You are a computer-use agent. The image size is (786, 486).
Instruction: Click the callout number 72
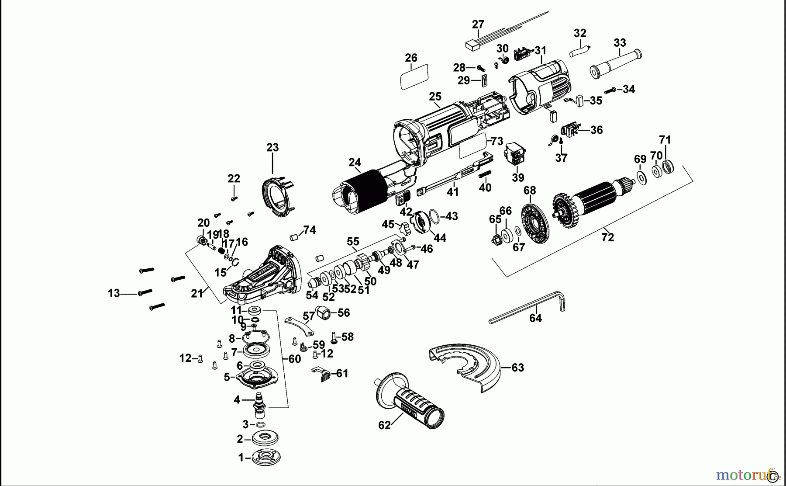click(x=607, y=238)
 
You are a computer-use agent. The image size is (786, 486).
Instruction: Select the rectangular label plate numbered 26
click(x=414, y=77)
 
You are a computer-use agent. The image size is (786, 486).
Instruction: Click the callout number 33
click(x=620, y=43)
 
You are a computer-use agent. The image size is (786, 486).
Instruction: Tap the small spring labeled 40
click(x=485, y=174)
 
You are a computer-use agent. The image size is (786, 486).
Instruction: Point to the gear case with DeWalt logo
click(x=262, y=275)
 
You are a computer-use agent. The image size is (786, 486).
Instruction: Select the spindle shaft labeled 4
click(x=261, y=404)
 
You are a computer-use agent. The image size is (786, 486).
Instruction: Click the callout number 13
click(x=114, y=293)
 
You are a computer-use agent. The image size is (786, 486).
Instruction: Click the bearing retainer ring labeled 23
click(x=277, y=197)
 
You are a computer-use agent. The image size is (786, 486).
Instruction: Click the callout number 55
click(x=353, y=242)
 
